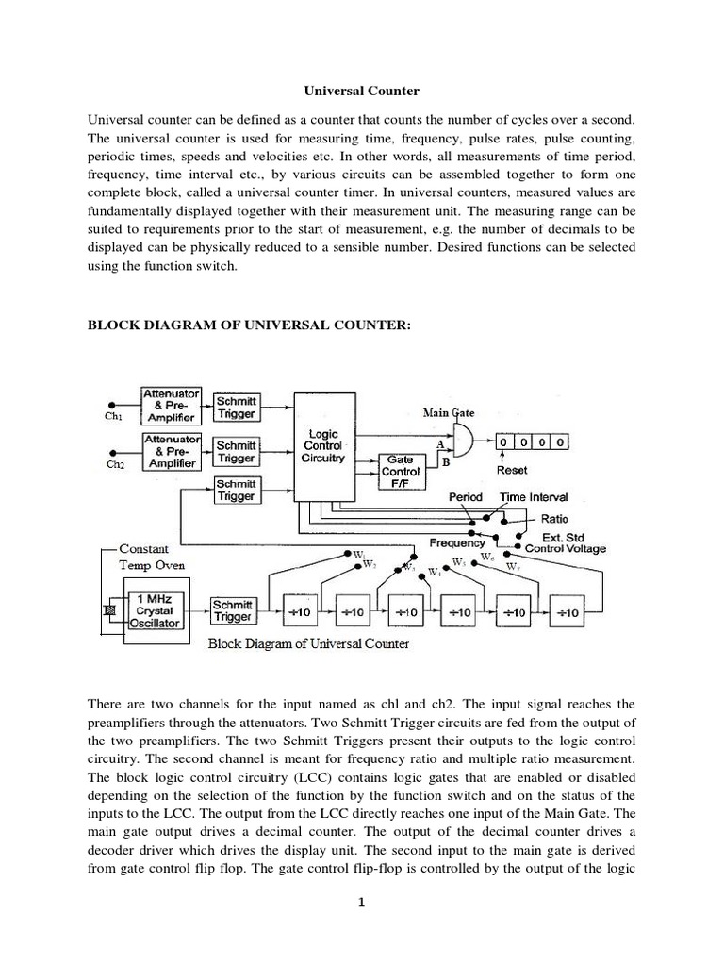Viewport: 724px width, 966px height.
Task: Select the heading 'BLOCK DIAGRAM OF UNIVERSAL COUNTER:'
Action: click(249, 325)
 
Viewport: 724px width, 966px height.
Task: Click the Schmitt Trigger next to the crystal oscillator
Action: click(232, 610)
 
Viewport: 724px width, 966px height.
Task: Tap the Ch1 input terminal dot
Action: click(113, 403)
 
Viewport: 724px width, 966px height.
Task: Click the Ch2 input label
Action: click(114, 465)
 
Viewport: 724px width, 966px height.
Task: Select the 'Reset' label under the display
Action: click(512, 469)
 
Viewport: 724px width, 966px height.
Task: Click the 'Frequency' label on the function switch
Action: click(457, 542)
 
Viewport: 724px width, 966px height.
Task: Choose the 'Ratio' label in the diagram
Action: click(554, 518)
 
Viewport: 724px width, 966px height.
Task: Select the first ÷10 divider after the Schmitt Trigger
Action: click(303, 612)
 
